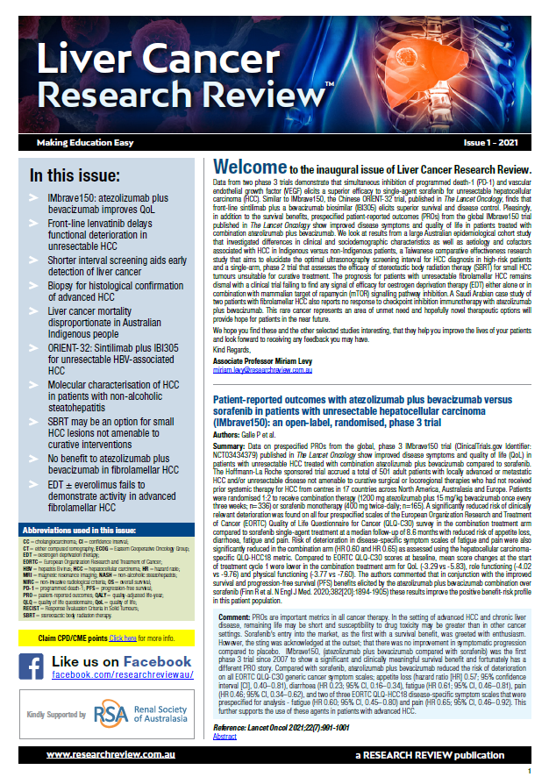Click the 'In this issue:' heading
[77, 175]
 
